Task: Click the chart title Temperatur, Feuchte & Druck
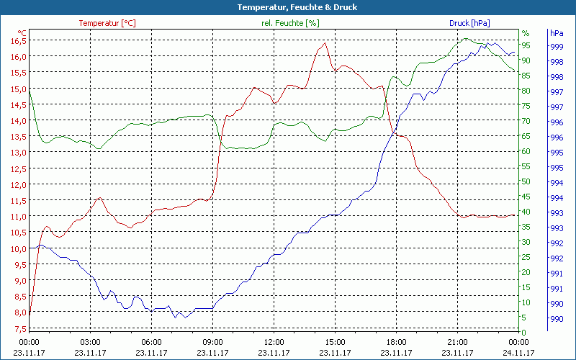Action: point(287,7)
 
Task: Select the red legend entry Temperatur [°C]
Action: point(107,23)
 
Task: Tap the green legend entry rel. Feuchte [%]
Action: point(289,23)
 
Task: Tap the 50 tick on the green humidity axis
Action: point(526,181)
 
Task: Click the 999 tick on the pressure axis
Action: point(556,46)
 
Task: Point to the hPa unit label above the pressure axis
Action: point(556,33)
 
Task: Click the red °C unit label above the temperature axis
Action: point(22,33)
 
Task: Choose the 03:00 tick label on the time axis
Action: point(90,342)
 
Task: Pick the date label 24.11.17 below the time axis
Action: point(518,353)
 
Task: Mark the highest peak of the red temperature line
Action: point(325,43)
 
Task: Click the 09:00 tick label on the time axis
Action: point(212,342)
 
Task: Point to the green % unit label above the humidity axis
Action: point(526,33)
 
